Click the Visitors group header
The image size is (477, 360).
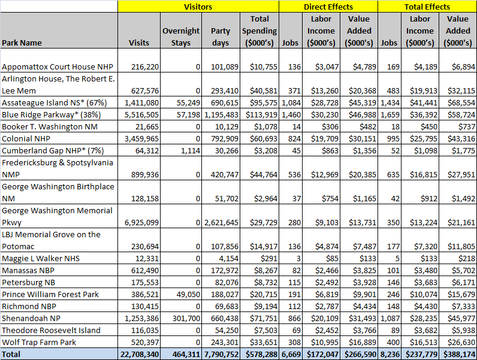tap(198, 7)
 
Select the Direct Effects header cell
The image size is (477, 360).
tap(328, 7)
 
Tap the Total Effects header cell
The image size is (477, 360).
tap(427, 7)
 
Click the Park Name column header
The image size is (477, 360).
tap(22, 43)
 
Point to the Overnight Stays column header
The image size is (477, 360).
tap(180, 37)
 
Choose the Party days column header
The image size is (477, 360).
tap(221, 37)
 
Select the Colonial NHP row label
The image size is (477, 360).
tap(26, 138)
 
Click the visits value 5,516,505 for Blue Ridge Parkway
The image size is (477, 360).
tap(138, 114)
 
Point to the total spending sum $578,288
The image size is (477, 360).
tap(259, 354)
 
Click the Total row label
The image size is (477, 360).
tap(13, 354)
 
